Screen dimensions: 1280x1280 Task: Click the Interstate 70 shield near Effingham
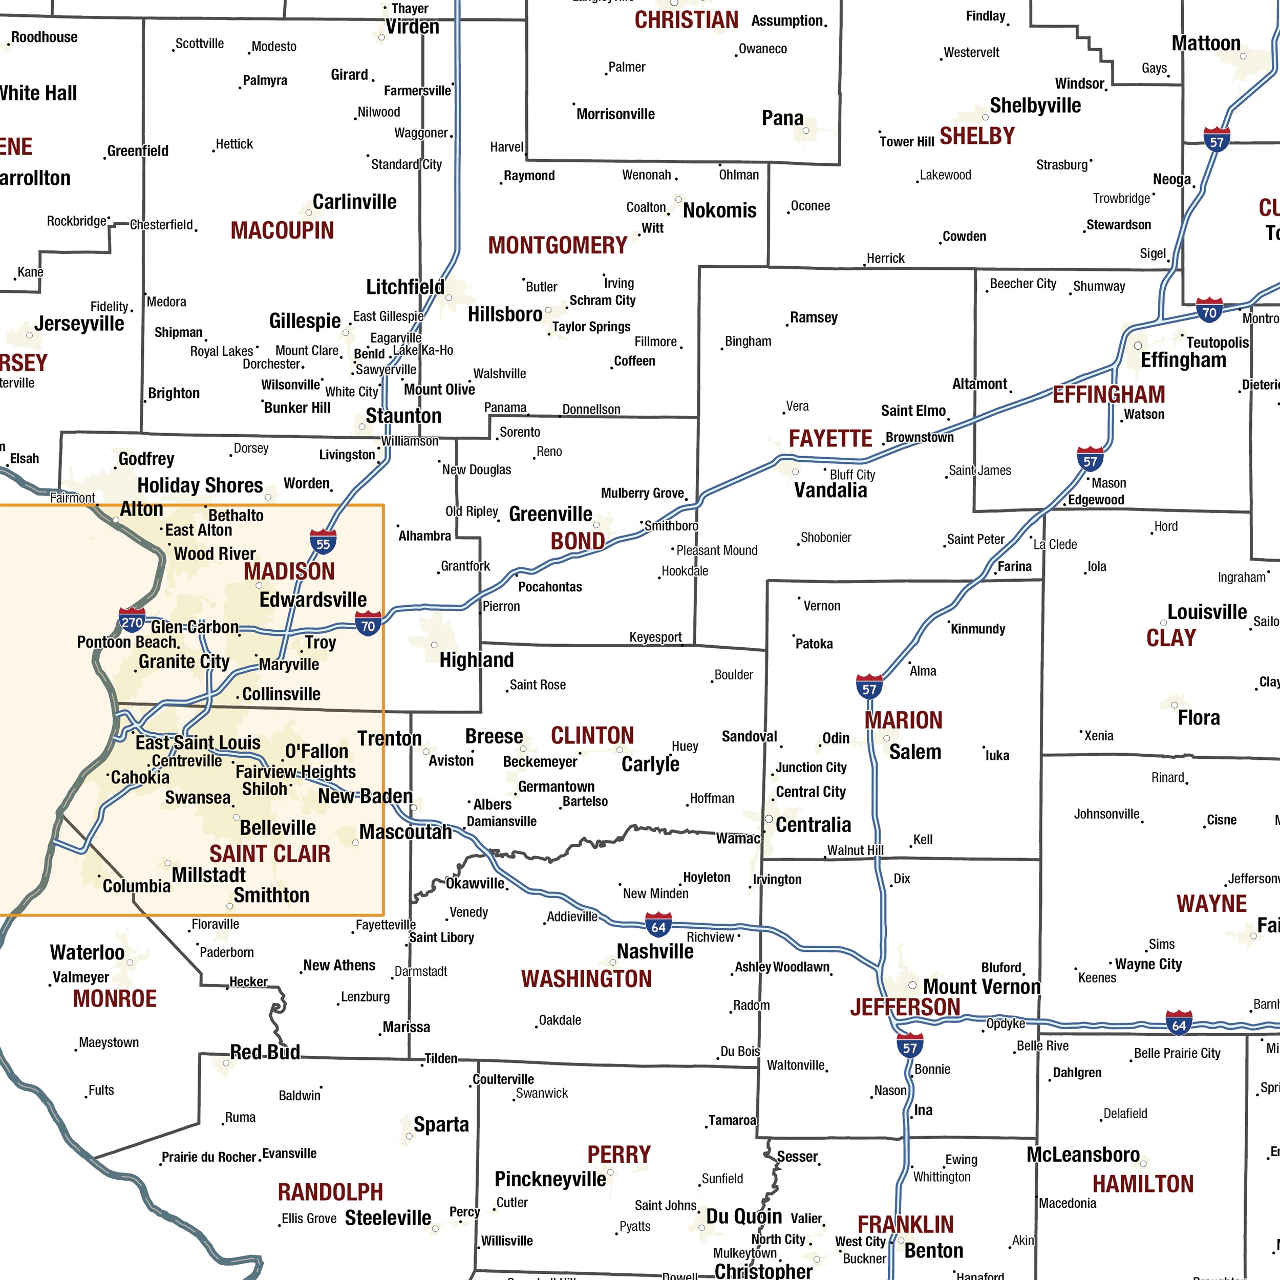pos(1209,311)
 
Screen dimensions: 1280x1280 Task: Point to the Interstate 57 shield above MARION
pos(869,688)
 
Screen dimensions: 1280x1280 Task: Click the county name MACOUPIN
pos(282,230)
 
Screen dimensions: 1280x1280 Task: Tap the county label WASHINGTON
pos(586,979)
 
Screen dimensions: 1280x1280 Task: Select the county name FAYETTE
pos(830,439)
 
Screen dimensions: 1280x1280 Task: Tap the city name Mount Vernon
pos(981,987)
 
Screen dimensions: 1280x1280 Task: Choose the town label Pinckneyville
pos(550,1179)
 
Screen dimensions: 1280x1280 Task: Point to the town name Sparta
pos(441,1124)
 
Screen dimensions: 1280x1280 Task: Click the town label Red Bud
pos(265,1052)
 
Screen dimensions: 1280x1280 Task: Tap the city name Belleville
pos(278,828)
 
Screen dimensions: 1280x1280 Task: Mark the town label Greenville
pos(550,514)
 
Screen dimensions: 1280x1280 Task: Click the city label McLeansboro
pos(1083,1155)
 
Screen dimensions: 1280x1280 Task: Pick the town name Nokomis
pos(719,210)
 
